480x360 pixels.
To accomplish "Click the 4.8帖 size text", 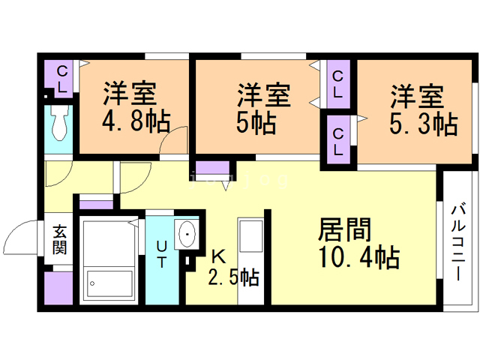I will point(134,121).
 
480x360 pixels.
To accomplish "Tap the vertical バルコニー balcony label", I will point(460,241).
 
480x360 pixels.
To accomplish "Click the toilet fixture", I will point(60,124).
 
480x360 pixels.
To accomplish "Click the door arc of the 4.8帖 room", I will point(177,141).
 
